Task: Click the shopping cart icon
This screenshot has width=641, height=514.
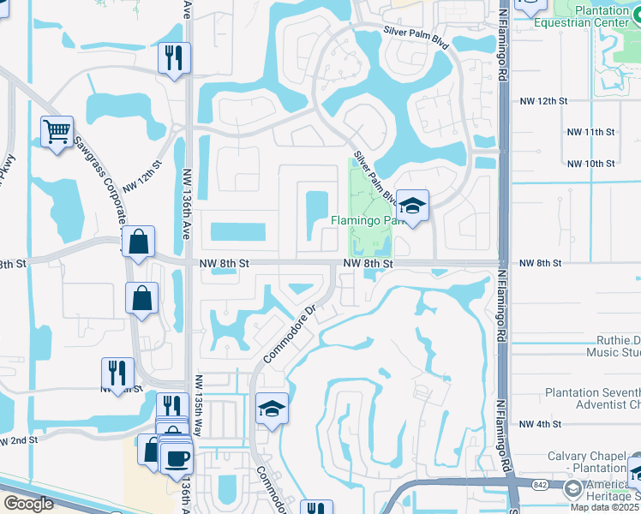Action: pyautogui.click(x=57, y=132)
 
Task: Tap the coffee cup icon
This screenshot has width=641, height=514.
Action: pyautogui.click(x=177, y=458)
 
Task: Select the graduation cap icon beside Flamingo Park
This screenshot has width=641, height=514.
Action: pyautogui.click(x=412, y=206)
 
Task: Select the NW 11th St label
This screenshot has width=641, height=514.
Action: pyautogui.click(x=591, y=132)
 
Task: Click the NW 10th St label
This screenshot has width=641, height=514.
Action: pyautogui.click(x=591, y=163)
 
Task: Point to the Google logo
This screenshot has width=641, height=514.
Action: pyautogui.click(x=29, y=504)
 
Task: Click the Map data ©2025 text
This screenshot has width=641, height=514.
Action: pyautogui.click(x=605, y=507)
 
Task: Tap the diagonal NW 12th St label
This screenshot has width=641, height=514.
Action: pyautogui.click(x=142, y=175)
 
